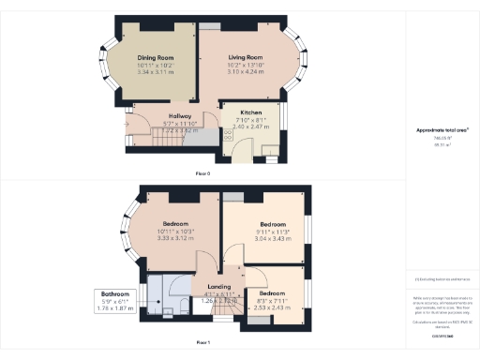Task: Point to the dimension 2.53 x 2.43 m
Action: (x=273, y=307)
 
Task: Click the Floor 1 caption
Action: (x=202, y=343)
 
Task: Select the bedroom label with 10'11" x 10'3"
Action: (x=175, y=224)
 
